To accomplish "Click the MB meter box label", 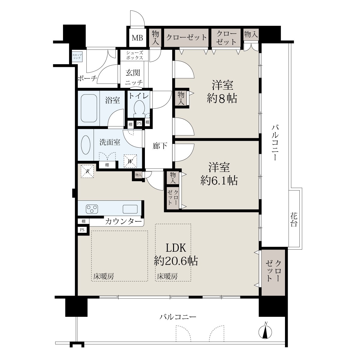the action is (x=137, y=38).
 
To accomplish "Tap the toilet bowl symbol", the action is (x=139, y=109).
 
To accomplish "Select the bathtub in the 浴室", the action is (x=89, y=108).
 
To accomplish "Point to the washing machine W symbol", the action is (x=130, y=161).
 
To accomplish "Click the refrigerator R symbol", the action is (x=87, y=171).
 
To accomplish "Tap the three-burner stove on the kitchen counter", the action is (x=92, y=209).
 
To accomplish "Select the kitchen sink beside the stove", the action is (x=130, y=209).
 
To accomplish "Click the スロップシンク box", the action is (x=77, y=57).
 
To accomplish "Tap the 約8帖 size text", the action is (x=222, y=98).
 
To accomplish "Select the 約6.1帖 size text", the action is (x=219, y=181).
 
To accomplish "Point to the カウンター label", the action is (x=124, y=222).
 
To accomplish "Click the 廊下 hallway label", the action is (x=160, y=146).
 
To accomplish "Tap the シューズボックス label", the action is (x=134, y=55).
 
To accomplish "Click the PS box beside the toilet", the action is (x=139, y=123).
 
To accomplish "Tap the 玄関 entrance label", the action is (x=133, y=73).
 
